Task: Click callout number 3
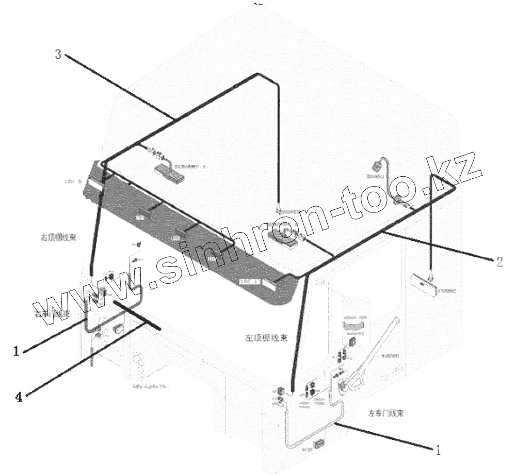58,54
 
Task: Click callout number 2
499,262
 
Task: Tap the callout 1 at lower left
16,351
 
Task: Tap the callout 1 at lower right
439,450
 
